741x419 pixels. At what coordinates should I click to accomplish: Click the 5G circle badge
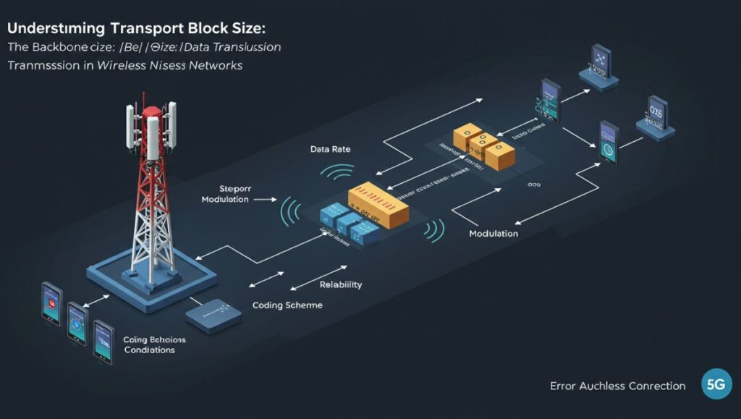coord(716,384)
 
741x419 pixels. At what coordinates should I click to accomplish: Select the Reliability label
coord(340,285)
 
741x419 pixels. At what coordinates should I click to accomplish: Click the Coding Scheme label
coord(287,305)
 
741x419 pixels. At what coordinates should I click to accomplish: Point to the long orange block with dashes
coord(378,203)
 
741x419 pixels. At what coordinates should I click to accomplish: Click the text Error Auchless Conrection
coord(617,386)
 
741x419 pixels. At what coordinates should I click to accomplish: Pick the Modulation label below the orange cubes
coord(494,234)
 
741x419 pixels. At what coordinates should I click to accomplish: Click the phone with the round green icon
coord(608,141)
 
